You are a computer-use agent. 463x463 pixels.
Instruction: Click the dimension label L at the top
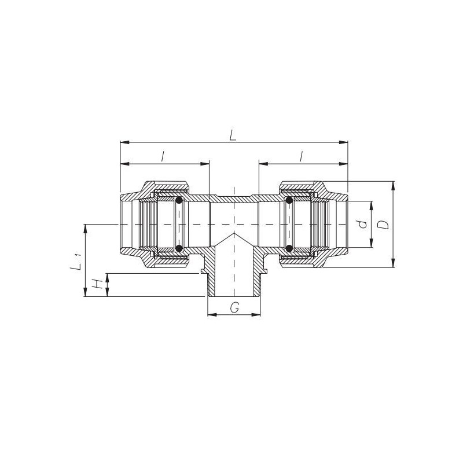point(233,135)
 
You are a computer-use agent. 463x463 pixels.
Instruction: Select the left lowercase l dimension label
point(163,156)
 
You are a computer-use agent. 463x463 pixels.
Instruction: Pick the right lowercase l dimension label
point(301,156)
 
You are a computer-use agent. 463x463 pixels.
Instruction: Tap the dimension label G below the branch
point(235,308)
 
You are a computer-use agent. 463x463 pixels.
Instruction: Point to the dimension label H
point(97,284)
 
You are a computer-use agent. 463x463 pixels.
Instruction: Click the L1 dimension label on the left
point(76,262)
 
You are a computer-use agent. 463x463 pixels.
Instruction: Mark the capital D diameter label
point(384,225)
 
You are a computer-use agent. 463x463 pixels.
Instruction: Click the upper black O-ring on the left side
point(179,200)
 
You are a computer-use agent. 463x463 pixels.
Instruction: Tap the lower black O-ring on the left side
point(179,248)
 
